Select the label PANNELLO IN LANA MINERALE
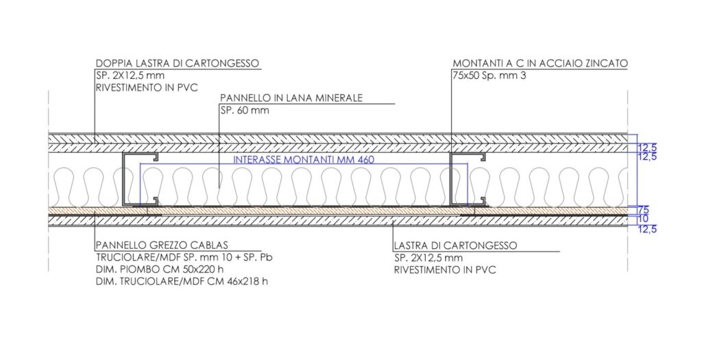291,98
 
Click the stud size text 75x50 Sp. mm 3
489,76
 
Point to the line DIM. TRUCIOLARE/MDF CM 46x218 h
182,282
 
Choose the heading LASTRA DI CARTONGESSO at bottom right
455,245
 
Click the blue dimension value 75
642,210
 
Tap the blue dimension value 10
642,219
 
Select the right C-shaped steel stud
452,180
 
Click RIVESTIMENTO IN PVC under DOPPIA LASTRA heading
146,88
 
